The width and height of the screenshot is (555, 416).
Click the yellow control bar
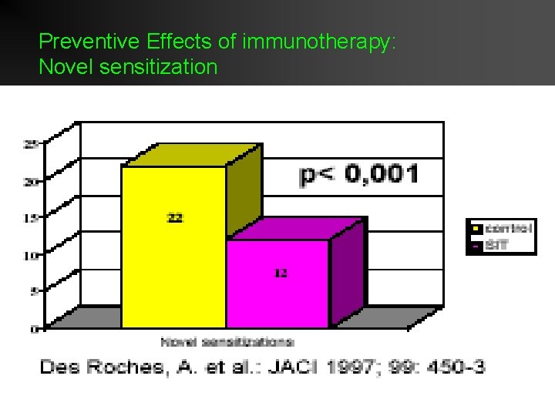[x=173, y=247]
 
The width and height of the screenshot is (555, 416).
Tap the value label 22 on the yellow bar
[x=176, y=218]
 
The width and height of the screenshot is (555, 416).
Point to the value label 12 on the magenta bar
[x=281, y=273]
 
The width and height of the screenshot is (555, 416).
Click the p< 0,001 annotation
[x=359, y=175]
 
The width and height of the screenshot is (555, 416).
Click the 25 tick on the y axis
[x=32, y=144]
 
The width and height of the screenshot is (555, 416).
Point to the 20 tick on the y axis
[x=32, y=182]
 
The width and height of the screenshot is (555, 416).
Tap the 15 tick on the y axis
[x=32, y=219]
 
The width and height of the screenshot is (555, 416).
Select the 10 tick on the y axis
[x=32, y=256]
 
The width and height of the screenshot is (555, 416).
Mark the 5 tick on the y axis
[x=34, y=292]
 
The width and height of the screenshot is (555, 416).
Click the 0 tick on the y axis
[x=34, y=329]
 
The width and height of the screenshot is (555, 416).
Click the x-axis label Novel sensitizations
[x=227, y=341]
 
